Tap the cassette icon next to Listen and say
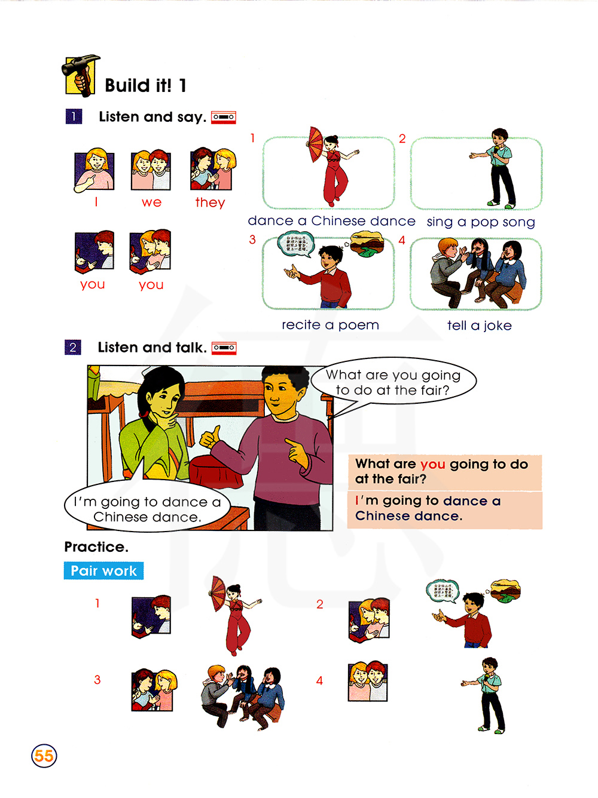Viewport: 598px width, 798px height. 224,118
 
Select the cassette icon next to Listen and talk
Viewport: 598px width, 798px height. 224,348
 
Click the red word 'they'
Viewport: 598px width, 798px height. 210,202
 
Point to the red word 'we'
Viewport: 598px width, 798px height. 151,202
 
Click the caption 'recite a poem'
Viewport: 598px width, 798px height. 330,325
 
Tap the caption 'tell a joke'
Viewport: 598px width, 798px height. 480,325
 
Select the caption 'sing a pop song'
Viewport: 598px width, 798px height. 481,222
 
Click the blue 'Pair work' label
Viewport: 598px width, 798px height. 103,570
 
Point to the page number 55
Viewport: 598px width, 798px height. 44,756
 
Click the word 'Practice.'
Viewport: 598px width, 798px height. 96,547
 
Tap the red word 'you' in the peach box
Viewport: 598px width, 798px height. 433,465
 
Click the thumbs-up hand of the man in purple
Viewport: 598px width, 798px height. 210,437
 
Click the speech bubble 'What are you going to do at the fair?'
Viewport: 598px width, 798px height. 393,382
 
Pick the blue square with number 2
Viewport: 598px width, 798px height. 73,347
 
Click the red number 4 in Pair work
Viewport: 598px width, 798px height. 319,680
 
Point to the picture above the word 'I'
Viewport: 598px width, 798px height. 94,170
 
